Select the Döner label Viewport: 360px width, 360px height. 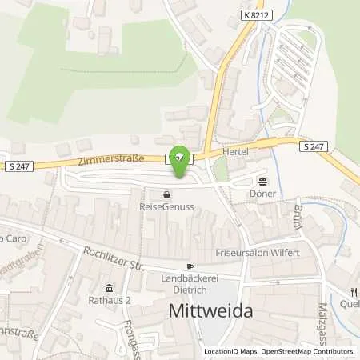pos(262,194)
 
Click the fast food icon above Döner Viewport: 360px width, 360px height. pos(262,180)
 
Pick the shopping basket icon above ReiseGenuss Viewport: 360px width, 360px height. pos(166,194)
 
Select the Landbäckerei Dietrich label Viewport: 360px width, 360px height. pos(190,285)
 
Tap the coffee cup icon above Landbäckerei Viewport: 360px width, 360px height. pos(190,266)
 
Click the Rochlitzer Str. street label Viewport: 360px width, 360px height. pos(113,258)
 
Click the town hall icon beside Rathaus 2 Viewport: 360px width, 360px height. pos(110,289)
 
